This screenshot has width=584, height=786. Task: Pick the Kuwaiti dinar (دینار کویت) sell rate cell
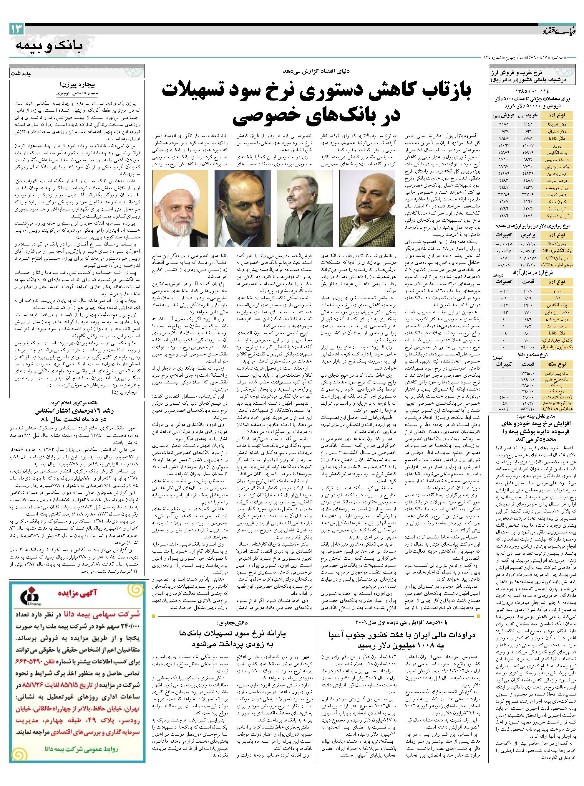pyautogui.click(x=502, y=195)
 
